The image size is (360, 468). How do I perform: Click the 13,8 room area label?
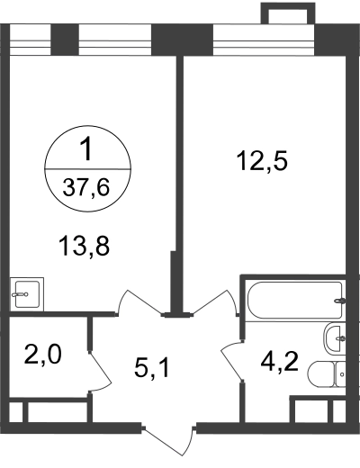(85, 246)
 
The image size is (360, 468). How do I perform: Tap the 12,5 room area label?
(262, 161)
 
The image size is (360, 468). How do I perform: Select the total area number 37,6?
(86, 188)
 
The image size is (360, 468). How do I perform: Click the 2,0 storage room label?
(42, 355)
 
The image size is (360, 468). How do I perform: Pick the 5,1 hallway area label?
(152, 368)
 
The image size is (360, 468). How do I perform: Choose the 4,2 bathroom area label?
(279, 363)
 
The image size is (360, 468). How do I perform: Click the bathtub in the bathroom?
(294, 300)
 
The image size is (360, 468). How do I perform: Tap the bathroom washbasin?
(334, 338)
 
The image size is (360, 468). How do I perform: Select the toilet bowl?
(321, 375)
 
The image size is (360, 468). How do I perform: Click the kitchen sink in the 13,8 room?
(27, 294)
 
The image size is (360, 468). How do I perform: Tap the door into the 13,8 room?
(139, 302)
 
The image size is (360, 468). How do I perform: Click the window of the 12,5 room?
(264, 40)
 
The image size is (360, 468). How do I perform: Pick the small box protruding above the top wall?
(288, 13)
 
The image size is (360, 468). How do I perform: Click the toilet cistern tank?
(340, 375)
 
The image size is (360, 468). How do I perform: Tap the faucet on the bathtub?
(340, 301)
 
